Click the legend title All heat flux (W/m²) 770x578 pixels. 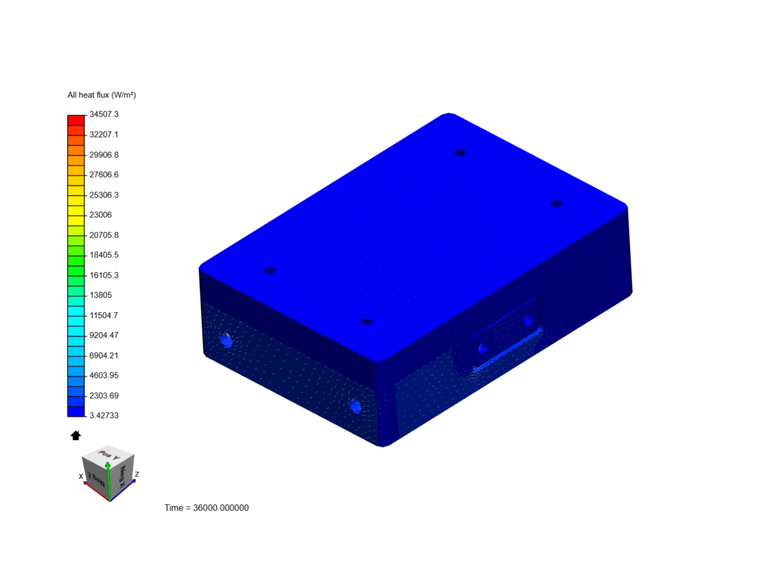click(102, 95)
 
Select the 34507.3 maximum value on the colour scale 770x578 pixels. click(104, 115)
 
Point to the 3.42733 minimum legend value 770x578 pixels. click(104, 415)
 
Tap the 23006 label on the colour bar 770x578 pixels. click(101, 215)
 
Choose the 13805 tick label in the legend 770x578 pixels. click(101, 295)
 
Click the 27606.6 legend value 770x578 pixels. click(104, 175)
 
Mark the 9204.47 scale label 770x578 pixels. click(104, 335)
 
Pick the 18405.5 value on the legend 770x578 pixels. click(104, 255)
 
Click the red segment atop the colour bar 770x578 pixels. click(76, 120)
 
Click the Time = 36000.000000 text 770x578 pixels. click(206, 508)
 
